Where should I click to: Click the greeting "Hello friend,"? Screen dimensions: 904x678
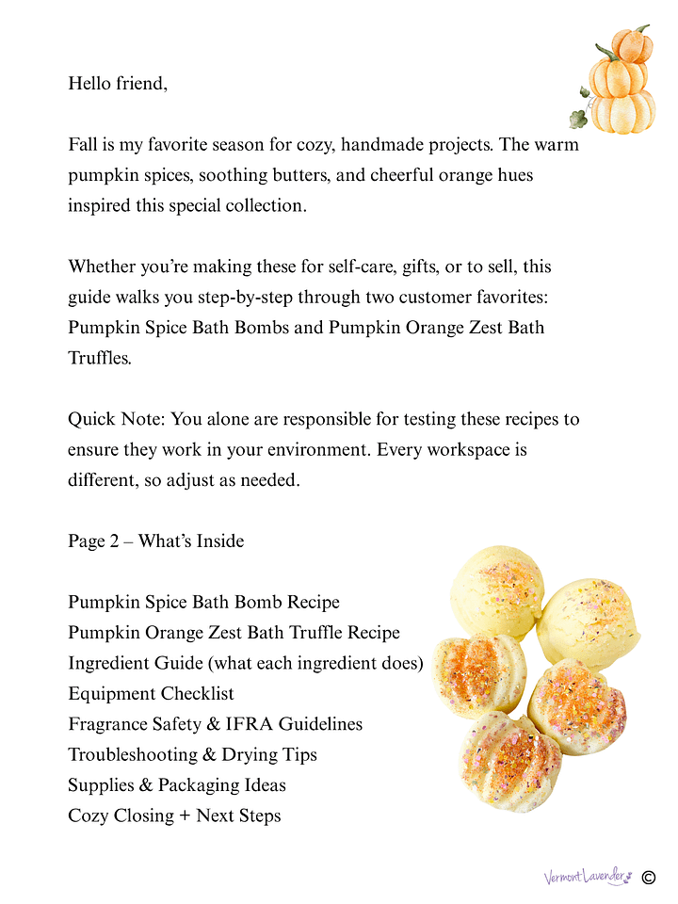[x=118, y=84]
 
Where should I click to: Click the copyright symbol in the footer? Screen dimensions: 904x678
[x=648, y=878]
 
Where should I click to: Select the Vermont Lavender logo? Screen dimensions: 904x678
[x=586, y=878]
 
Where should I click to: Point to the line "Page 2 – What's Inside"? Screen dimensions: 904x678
[x=155, y=541]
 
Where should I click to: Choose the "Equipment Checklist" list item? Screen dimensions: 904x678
[x=151, y=693]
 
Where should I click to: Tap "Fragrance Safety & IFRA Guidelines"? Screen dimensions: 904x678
[x=215, y=724]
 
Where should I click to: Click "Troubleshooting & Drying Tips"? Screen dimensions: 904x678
[x=192, y=754]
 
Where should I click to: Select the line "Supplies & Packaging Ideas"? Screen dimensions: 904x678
[x=177, y=784]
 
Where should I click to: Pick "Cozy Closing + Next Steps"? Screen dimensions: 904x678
[x=174, y=815]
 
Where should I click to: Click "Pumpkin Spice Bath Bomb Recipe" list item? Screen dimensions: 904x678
[x=203, y=602]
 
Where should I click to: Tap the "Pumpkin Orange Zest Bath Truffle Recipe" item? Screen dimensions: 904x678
[x=234, y=633]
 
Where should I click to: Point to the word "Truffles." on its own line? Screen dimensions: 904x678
[x=100, y=359]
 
